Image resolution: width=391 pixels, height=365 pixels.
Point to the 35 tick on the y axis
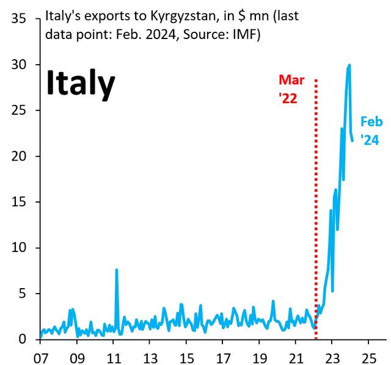(18, 19)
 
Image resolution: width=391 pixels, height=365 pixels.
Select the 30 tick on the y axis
(18, 65)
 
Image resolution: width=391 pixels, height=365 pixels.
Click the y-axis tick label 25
(18, 110)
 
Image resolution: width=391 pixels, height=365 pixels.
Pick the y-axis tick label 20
(18, 156)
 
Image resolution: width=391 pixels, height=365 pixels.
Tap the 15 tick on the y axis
(18, 202)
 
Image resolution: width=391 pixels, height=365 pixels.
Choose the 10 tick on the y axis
(18, 248)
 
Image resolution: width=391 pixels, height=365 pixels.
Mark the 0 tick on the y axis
(22, 339)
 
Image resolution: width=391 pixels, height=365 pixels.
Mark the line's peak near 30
(349, 65)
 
